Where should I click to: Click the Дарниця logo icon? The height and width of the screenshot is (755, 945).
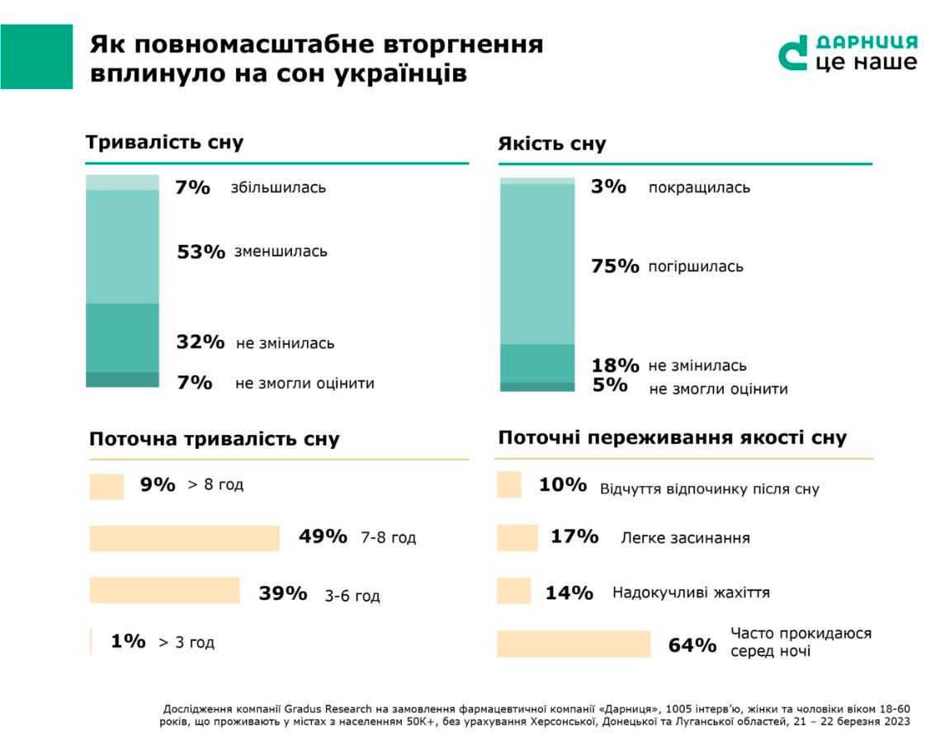coord(793,54)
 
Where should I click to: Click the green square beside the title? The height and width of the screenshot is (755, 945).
coord(36,56)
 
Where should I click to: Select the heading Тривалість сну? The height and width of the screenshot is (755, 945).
coord(164,142)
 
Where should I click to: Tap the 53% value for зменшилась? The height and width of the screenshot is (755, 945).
coord(201,252)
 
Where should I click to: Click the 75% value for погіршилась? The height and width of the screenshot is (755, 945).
coord(615,267)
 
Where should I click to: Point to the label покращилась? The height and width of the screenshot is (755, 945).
coord(699,187)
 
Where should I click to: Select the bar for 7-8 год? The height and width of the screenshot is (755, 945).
coord(185,538)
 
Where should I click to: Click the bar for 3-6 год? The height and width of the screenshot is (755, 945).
coord(164,591)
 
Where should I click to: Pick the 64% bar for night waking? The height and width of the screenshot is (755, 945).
coord(574,644)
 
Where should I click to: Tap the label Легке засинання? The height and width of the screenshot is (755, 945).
coord(685,538)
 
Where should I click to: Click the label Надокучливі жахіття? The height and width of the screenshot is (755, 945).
coord(691,592)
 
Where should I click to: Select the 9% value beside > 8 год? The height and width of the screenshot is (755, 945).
coord(158,485)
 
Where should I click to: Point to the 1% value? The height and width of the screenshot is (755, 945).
coord(128,641)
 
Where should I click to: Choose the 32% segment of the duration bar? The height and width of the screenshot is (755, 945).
coord(122,337)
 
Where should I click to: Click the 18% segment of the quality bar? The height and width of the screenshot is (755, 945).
coord(536,363)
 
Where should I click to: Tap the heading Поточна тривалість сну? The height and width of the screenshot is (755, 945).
coord(214,439)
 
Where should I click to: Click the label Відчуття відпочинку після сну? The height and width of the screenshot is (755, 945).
coord(709,488)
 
